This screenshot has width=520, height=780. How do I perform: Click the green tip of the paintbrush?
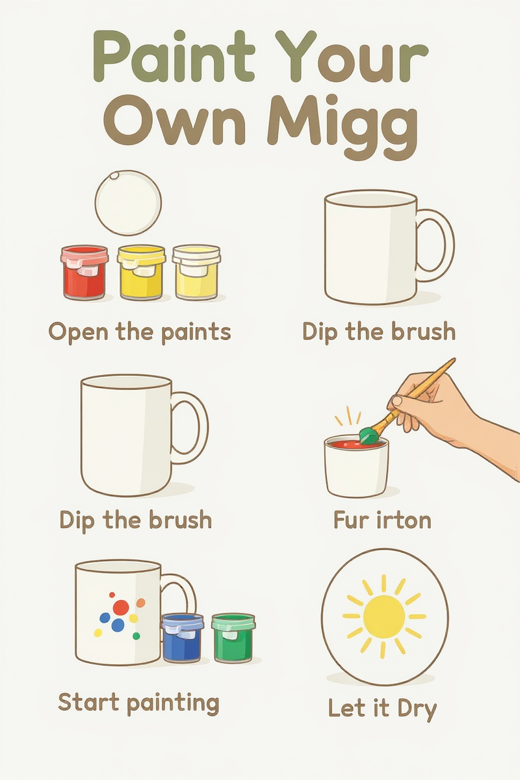[369, 434]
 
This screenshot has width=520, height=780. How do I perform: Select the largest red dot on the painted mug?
[121, 607]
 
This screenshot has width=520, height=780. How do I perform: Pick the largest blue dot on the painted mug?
[118, 625]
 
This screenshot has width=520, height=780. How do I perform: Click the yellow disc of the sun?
[383, 616]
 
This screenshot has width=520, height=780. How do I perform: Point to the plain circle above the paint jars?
[128, 202]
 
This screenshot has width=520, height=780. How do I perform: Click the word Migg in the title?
[344, 122]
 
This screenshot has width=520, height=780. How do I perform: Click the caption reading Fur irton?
[382, 520]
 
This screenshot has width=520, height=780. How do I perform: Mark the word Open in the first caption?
[77, 332]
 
